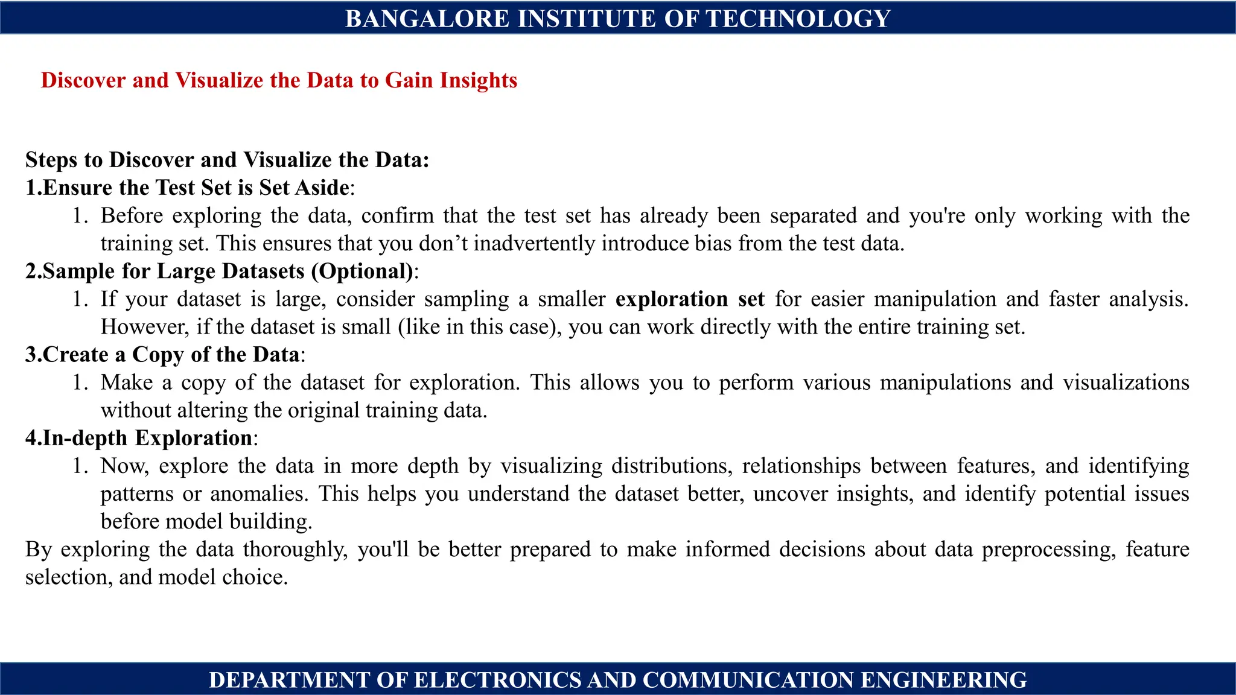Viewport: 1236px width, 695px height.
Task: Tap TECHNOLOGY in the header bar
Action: (798, 19)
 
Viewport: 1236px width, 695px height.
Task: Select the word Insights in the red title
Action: (478, 80)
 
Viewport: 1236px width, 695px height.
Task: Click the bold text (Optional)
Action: (363, 271)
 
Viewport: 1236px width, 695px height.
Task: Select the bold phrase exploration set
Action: (690, 299)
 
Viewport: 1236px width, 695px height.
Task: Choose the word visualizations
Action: (1126, 382)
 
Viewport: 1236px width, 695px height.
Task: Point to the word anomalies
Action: (259, 493)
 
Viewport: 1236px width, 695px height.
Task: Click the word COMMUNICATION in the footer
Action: (748, 680)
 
